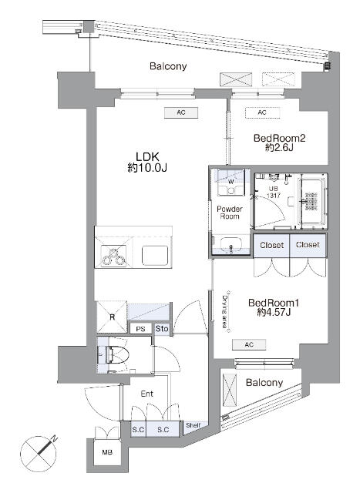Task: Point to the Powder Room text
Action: pos(228,212)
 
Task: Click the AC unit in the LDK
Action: pos(181,112)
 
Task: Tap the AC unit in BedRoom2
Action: pos(261,112)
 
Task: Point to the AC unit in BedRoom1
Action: pos(249,344)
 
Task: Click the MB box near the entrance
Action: pos(106,452)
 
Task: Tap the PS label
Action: pos(140,330)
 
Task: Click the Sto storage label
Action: pos(161,330)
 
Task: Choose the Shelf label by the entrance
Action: pos(193,424)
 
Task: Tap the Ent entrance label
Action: pos(146,394)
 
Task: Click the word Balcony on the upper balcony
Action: pos(168,67)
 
